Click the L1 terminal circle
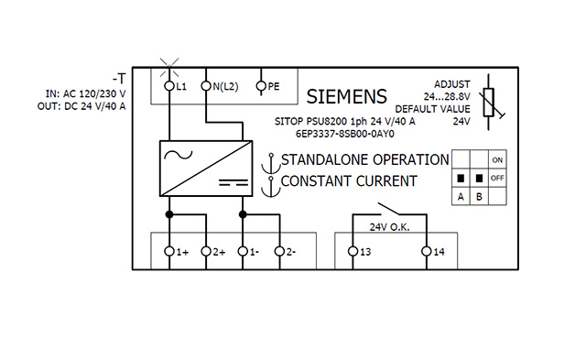click(169, 86)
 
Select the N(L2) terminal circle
click(206, 86)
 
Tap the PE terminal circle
click(261, 86)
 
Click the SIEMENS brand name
click(346, 96)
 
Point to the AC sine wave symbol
click(178, 155)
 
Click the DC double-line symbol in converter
click(233, 182)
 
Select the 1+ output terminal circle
click(169, 251)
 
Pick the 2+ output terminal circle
click(206, 251)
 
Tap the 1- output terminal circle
click(243, 251)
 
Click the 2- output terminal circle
click(279, 251)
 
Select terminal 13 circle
click(353, 251)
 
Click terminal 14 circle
click(427, 251)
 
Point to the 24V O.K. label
click(389, 227)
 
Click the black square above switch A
click(461, 178)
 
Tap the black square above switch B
click(479, 178)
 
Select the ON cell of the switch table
click(497, 159)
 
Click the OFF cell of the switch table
click(497, 178)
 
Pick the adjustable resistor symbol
click(489, 102)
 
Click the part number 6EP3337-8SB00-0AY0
click(344, 134)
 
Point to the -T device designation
click(119, 79)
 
